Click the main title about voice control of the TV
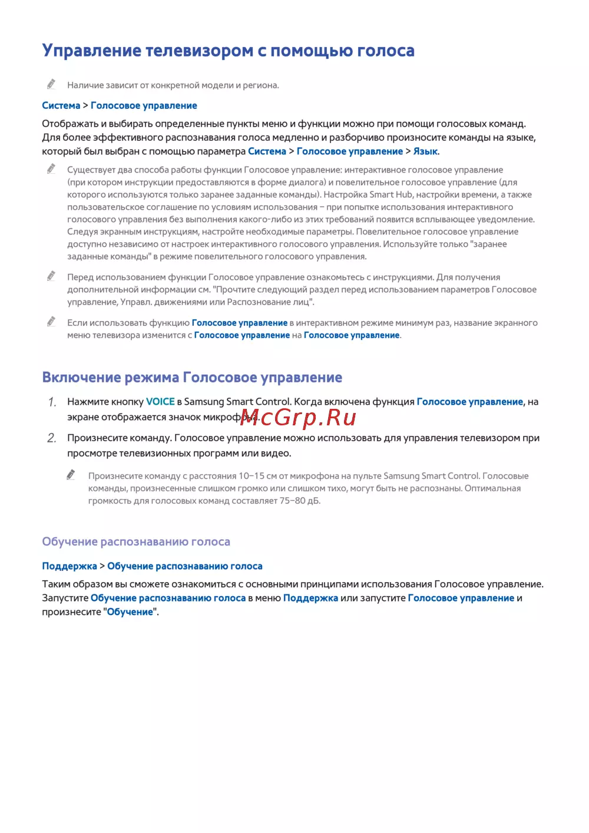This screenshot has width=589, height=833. tap(228, 51)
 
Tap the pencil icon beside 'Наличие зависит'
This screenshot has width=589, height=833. tap(51, 84)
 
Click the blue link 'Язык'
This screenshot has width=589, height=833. tap(425, 151)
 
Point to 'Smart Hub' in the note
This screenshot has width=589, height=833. tap(391, 195)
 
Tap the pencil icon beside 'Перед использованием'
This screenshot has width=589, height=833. tap(51, 276)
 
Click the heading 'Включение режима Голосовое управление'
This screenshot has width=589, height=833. tap(192, 378)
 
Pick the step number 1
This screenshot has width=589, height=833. tap(52, 402)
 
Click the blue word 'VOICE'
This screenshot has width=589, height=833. tap(160, 402)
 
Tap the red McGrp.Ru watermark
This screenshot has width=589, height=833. tap(298, 418)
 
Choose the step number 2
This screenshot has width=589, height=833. tap(52, 438)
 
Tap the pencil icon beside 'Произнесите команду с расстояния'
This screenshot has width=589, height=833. tap(71, 475)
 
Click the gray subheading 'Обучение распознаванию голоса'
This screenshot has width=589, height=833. tap(136, 542)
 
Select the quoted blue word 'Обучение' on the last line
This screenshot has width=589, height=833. tap(130, 612)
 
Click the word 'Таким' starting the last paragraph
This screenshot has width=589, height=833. tap(56, 584)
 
